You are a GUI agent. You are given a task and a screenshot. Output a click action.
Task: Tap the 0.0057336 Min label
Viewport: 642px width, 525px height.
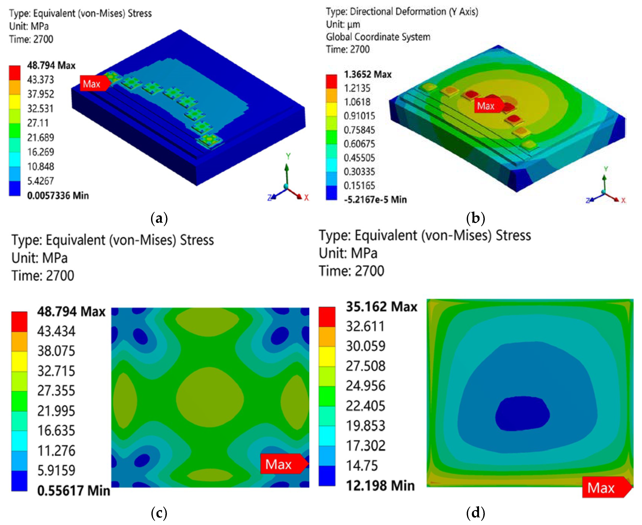(58, 196)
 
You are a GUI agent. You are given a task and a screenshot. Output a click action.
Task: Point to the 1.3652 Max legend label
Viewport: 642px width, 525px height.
(367, 74)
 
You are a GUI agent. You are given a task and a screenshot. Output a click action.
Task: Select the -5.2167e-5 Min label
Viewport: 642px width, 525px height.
(375, 200)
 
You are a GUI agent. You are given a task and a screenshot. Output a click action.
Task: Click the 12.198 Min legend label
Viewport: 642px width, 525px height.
(380, 486)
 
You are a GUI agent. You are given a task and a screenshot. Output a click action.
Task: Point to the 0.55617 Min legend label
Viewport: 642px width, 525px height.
(73, 490)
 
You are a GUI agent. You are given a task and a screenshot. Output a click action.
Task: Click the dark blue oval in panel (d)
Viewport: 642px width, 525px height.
(522, 414)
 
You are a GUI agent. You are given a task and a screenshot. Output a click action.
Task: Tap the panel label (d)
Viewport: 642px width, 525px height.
(475, 513)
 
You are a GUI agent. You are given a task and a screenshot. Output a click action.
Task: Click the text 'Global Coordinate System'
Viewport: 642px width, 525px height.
(378, 37)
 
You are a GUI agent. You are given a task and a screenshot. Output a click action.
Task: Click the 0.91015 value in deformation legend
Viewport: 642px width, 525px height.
(359, 116)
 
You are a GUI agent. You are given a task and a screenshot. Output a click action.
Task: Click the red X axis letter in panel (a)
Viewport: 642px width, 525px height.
(306, 198)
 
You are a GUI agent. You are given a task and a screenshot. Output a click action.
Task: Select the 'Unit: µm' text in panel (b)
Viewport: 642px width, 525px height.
(343, 24)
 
